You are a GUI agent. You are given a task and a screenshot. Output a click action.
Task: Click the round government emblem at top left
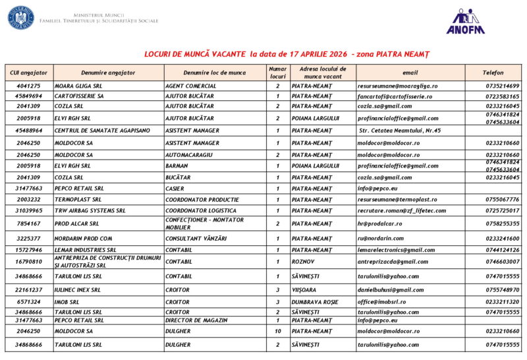[x=20, y=17]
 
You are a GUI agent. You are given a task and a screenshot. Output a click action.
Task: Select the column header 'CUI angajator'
[x=28, y=73]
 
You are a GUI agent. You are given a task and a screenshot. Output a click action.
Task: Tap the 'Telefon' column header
[x=493, y=73]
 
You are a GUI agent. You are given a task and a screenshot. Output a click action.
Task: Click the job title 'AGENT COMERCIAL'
[x=191, y=86]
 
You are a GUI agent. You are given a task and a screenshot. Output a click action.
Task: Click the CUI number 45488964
[x=28, y=131]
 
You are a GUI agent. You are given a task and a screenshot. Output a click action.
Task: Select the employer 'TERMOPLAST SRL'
[x=78, y=199]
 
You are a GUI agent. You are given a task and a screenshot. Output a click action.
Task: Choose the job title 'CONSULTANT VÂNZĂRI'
[x=196, y=238]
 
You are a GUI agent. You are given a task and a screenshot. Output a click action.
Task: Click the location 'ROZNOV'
[x=304, y=262]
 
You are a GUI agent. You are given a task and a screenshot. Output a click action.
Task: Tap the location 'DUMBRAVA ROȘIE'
[x=318, y=302]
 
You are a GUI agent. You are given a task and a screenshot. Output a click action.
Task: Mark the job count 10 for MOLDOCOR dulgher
[x=277, y=331]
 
